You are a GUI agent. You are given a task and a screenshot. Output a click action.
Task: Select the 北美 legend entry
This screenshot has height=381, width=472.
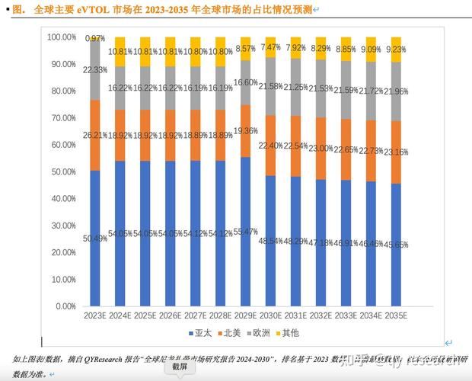(x=231, y=333)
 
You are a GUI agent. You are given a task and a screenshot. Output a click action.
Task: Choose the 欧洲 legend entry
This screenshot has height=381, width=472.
(x=260, y=333)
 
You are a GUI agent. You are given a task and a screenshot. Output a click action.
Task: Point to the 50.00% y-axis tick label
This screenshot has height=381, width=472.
(x=61, y=171)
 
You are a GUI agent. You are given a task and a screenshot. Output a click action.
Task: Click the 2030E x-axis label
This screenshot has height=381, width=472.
(x=270, y=315)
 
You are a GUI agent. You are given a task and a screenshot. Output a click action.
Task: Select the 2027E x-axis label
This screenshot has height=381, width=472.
(x=195, y=315)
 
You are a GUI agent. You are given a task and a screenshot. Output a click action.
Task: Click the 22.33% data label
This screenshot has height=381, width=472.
(x=95, y=69)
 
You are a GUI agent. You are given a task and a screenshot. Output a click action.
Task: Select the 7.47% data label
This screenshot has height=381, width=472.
(x=270, y=47)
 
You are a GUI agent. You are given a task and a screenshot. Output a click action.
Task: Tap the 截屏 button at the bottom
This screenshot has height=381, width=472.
(x=179, y=367)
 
